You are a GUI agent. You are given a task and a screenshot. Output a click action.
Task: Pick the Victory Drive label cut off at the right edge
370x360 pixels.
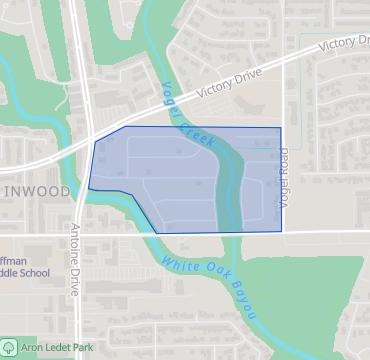(343, 43)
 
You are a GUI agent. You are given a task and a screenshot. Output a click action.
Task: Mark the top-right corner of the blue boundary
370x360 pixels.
(281, 128)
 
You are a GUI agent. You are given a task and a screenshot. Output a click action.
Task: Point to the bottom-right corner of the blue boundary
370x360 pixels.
(281, 232)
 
